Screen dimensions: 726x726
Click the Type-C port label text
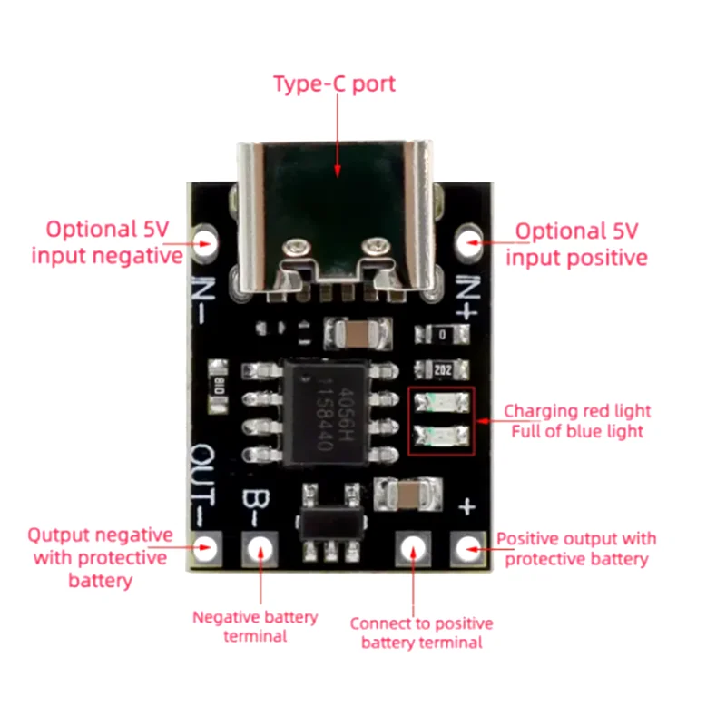(334, 84)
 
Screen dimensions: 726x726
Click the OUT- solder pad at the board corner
(206, 547)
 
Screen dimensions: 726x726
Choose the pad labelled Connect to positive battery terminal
(413, 547)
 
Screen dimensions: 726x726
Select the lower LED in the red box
(441, 435)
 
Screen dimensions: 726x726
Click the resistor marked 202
(441, 369)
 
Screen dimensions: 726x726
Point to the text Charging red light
(577, 410)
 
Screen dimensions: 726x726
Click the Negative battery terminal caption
(255, 626)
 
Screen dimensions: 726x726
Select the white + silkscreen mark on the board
(467, 505)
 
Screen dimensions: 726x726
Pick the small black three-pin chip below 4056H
(329, 525)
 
